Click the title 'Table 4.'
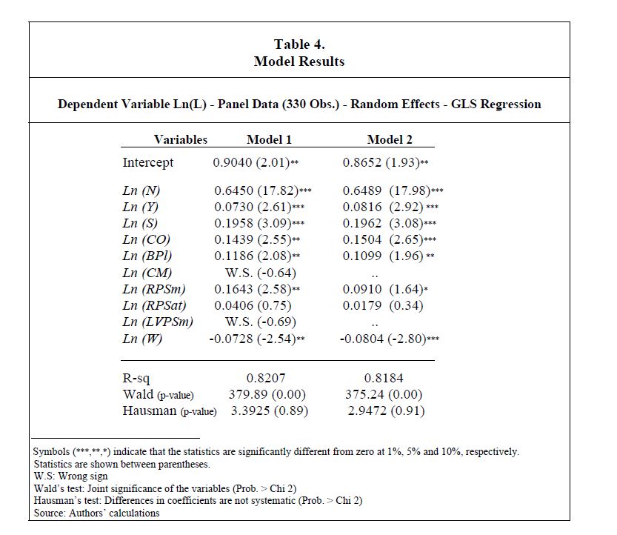click(x=299, y=44)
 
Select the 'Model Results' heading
click(x=299, y=62)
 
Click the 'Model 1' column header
click(x=269, y=139)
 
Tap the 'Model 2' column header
click(x=390, y=139)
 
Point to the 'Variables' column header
click(x=181, y=139)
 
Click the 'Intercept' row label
click(x=148, y=162)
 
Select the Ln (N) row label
click(x=141, y=190)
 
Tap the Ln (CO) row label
click(x=146, y=239)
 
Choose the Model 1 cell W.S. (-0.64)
click(x=260, y=272)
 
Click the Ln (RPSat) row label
click(x=154, y=305)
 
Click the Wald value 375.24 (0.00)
click(x=384, y=394)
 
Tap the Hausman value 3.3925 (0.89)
click(x=270, y=411)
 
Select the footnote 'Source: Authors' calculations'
click(x=96, y=513)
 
